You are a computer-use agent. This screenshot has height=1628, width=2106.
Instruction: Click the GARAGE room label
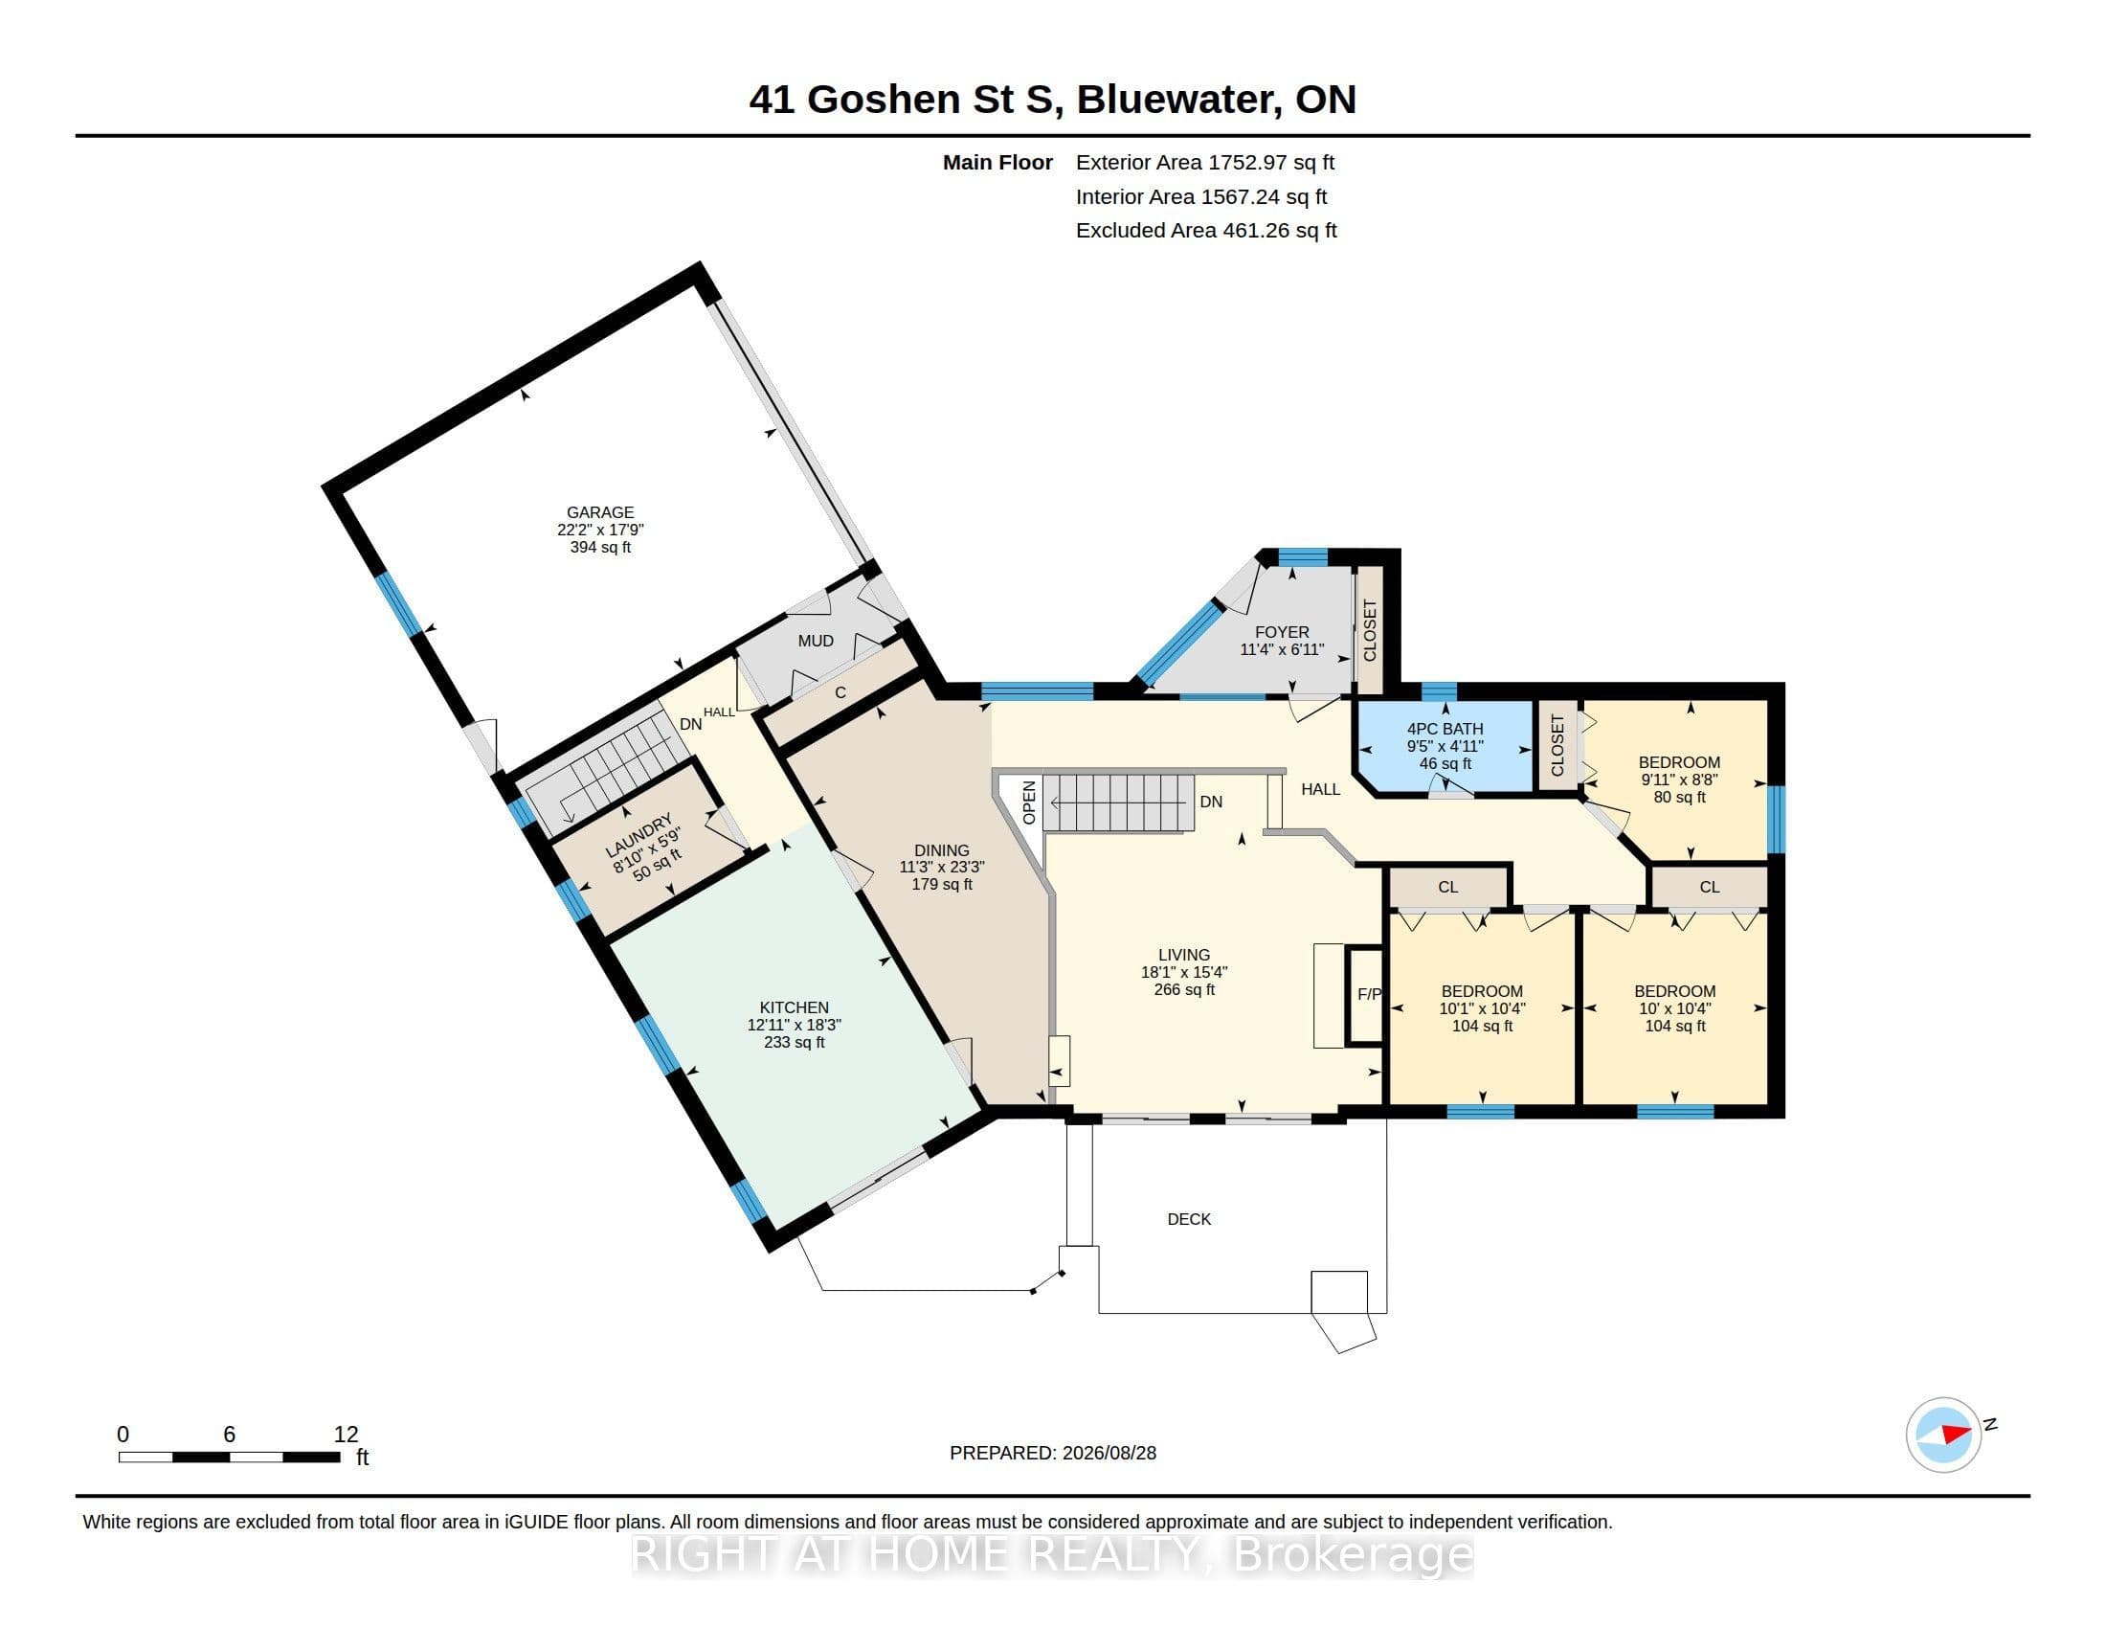600,512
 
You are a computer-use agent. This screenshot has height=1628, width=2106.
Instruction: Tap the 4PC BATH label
1445,729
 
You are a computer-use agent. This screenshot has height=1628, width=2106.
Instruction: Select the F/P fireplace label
1369,993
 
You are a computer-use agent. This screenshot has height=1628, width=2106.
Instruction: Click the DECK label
1189,1219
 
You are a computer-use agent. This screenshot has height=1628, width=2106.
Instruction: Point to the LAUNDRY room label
638,835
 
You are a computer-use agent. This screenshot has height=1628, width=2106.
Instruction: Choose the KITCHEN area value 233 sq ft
794,1042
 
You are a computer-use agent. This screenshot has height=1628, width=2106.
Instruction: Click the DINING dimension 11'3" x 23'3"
941,867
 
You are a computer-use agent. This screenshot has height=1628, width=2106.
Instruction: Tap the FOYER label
1282,633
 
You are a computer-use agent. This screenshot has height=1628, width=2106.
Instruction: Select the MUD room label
816,641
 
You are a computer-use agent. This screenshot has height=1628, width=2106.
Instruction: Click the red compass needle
1955,1434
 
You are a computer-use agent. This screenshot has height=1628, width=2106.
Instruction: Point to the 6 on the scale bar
230,1435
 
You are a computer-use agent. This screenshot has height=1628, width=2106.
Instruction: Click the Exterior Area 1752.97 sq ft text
1205,162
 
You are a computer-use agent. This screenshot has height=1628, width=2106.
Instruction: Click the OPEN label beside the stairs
1029,803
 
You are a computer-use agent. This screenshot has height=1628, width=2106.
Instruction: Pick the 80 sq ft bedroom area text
1679,797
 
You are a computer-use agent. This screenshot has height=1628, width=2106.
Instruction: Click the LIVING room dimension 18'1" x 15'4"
1184,972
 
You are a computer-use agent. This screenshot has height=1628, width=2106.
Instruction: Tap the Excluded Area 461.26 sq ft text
1206,231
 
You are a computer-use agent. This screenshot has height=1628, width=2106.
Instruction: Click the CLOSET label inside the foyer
1369,631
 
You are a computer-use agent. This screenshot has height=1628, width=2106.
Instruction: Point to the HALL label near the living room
1320,789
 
